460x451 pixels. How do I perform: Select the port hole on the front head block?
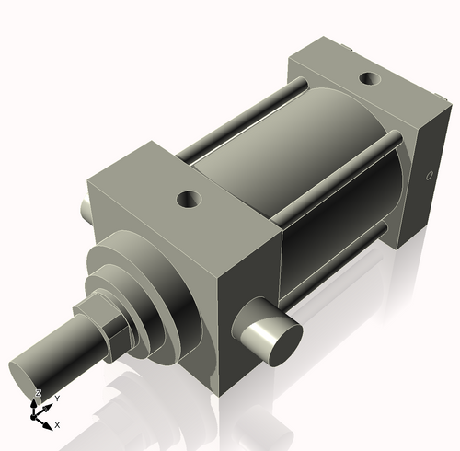pyautogui.click(x=190, y=197)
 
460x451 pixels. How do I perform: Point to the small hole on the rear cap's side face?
pyautogui.click(x=429, y=176)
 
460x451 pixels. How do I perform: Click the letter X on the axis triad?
pyautogui.click(x=57, y=425)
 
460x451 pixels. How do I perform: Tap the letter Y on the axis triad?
pyautogui.click(x=57, y=399)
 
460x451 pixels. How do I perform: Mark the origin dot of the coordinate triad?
pyautogui.click(x=36, y=416)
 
